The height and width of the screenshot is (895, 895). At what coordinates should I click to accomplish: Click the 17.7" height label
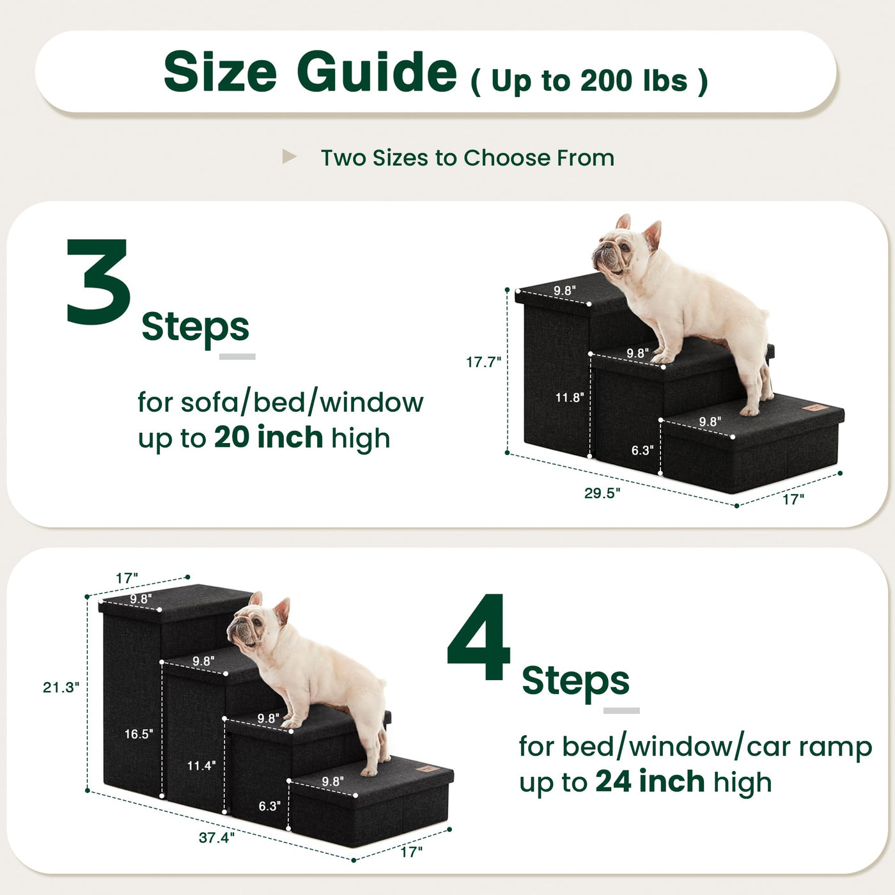(483, 362)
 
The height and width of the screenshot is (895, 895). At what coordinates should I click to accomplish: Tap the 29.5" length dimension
(602, 493)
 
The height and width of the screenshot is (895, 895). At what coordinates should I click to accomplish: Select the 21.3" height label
(61, 687)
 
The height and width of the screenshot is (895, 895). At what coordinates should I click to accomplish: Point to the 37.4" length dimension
(217, 837)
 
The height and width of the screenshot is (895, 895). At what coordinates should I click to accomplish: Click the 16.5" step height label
(139, 734)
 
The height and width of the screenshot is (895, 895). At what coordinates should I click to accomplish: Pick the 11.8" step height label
(570, 397)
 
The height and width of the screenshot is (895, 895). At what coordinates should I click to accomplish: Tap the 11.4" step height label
(201, 765)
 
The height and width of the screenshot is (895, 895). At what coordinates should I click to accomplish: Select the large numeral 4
(478, 636)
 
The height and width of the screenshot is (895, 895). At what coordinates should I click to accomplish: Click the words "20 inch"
(268, 437)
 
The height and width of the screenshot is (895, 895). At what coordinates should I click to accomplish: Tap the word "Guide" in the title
(377, 72)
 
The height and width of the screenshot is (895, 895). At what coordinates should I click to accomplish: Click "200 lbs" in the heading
(634, 81)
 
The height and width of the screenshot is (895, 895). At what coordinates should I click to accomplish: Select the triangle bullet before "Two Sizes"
(289, 157)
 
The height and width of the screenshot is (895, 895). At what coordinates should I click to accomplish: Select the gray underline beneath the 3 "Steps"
(237, 357)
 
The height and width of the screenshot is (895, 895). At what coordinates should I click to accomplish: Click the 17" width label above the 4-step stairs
(127, 579)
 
